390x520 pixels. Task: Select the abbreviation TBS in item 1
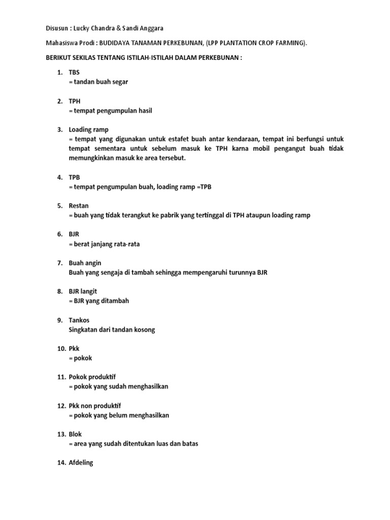point(74,73)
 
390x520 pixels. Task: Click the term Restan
point(79,206)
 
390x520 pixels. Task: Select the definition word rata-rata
point(126,244)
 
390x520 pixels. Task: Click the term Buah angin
point(85,263)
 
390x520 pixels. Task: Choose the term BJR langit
point(83,291)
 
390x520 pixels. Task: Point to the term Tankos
point(79,320)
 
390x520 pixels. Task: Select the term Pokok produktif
point(92,377)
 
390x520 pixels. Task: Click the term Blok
point(75,434)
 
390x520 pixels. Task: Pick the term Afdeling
point(81,463)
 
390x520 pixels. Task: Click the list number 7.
point(59,263)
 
